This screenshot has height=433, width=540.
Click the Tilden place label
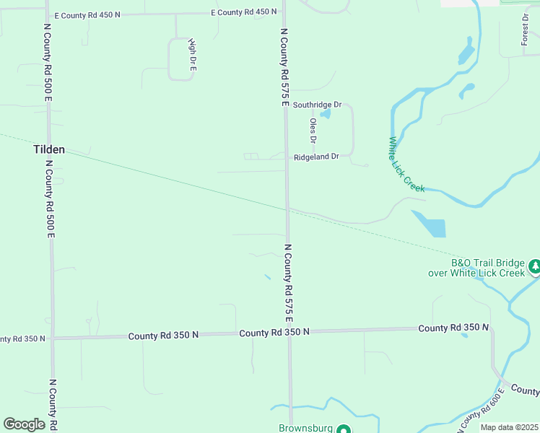[49, 150]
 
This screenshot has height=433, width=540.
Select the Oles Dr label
[313, 131]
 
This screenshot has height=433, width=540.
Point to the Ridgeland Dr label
[316, 157]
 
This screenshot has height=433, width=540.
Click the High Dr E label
[192, 55]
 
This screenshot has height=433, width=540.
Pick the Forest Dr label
[526, 30]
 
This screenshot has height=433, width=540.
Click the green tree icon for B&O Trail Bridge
[534, 268]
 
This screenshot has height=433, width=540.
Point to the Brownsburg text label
[305, 428]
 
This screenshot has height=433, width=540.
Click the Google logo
[25, 424]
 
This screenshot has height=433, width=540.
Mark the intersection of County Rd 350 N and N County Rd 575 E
[289, 333]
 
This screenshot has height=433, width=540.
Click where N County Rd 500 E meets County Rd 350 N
[52, 337]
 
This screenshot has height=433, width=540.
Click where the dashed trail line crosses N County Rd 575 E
[287, 209]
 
